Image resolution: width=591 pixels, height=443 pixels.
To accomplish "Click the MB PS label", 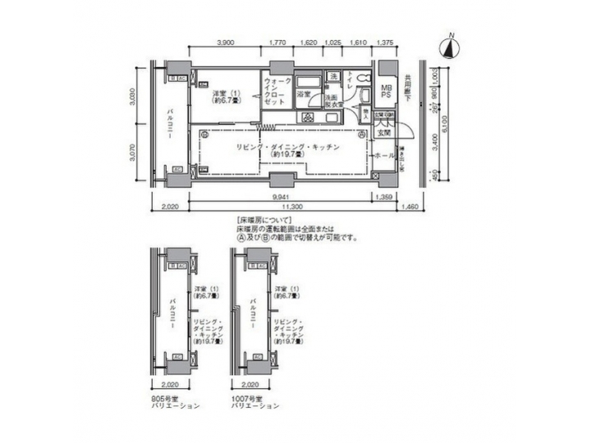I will click(386, 93).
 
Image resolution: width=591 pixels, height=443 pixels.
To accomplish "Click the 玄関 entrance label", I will click(384, 132).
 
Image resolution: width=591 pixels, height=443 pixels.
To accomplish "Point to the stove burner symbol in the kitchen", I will click(307, 116).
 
